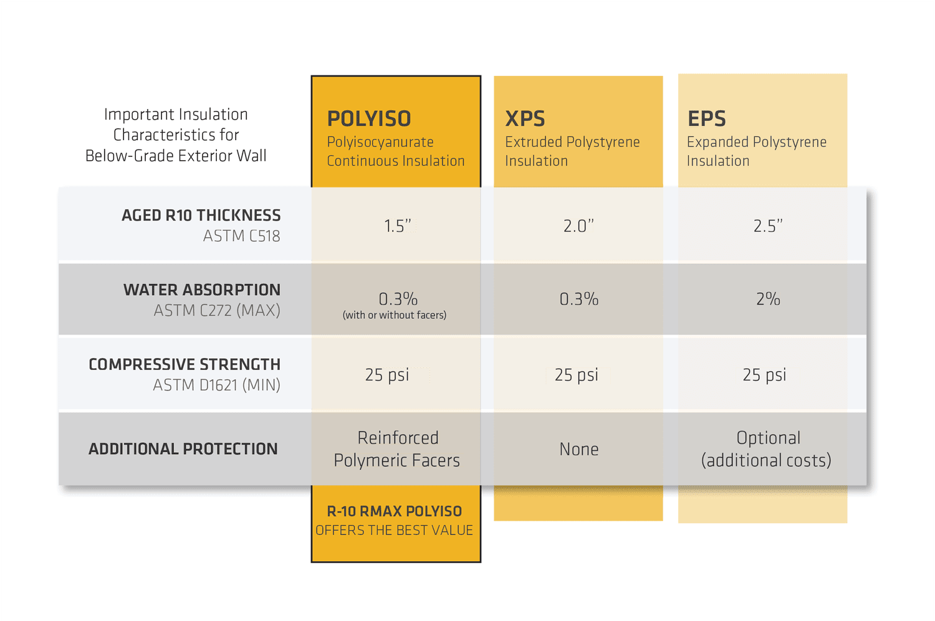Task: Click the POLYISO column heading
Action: [369, 118]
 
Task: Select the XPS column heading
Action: [525, 118]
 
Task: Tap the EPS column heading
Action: [707, 118]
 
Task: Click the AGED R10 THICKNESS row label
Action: [201, 216]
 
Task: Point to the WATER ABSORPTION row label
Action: [201, 290]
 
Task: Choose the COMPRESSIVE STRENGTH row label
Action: [185, 364]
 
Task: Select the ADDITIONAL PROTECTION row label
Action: [183, 449]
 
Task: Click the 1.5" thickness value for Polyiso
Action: [397, 225]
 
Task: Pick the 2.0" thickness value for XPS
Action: [578, 225]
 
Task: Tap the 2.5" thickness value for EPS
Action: [767, 225]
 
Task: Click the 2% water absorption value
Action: [768, 300]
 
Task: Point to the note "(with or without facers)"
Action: [395, 315]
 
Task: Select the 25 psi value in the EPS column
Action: [764, 375]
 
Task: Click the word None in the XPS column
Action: [578, 449]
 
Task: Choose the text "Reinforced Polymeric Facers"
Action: [397, 449]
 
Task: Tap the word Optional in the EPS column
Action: [768, 438]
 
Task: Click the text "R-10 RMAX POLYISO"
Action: [395, 511]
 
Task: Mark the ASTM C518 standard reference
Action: [241, 236]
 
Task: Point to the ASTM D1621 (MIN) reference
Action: [216, 386]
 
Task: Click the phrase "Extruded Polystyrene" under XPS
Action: [572, 142]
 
